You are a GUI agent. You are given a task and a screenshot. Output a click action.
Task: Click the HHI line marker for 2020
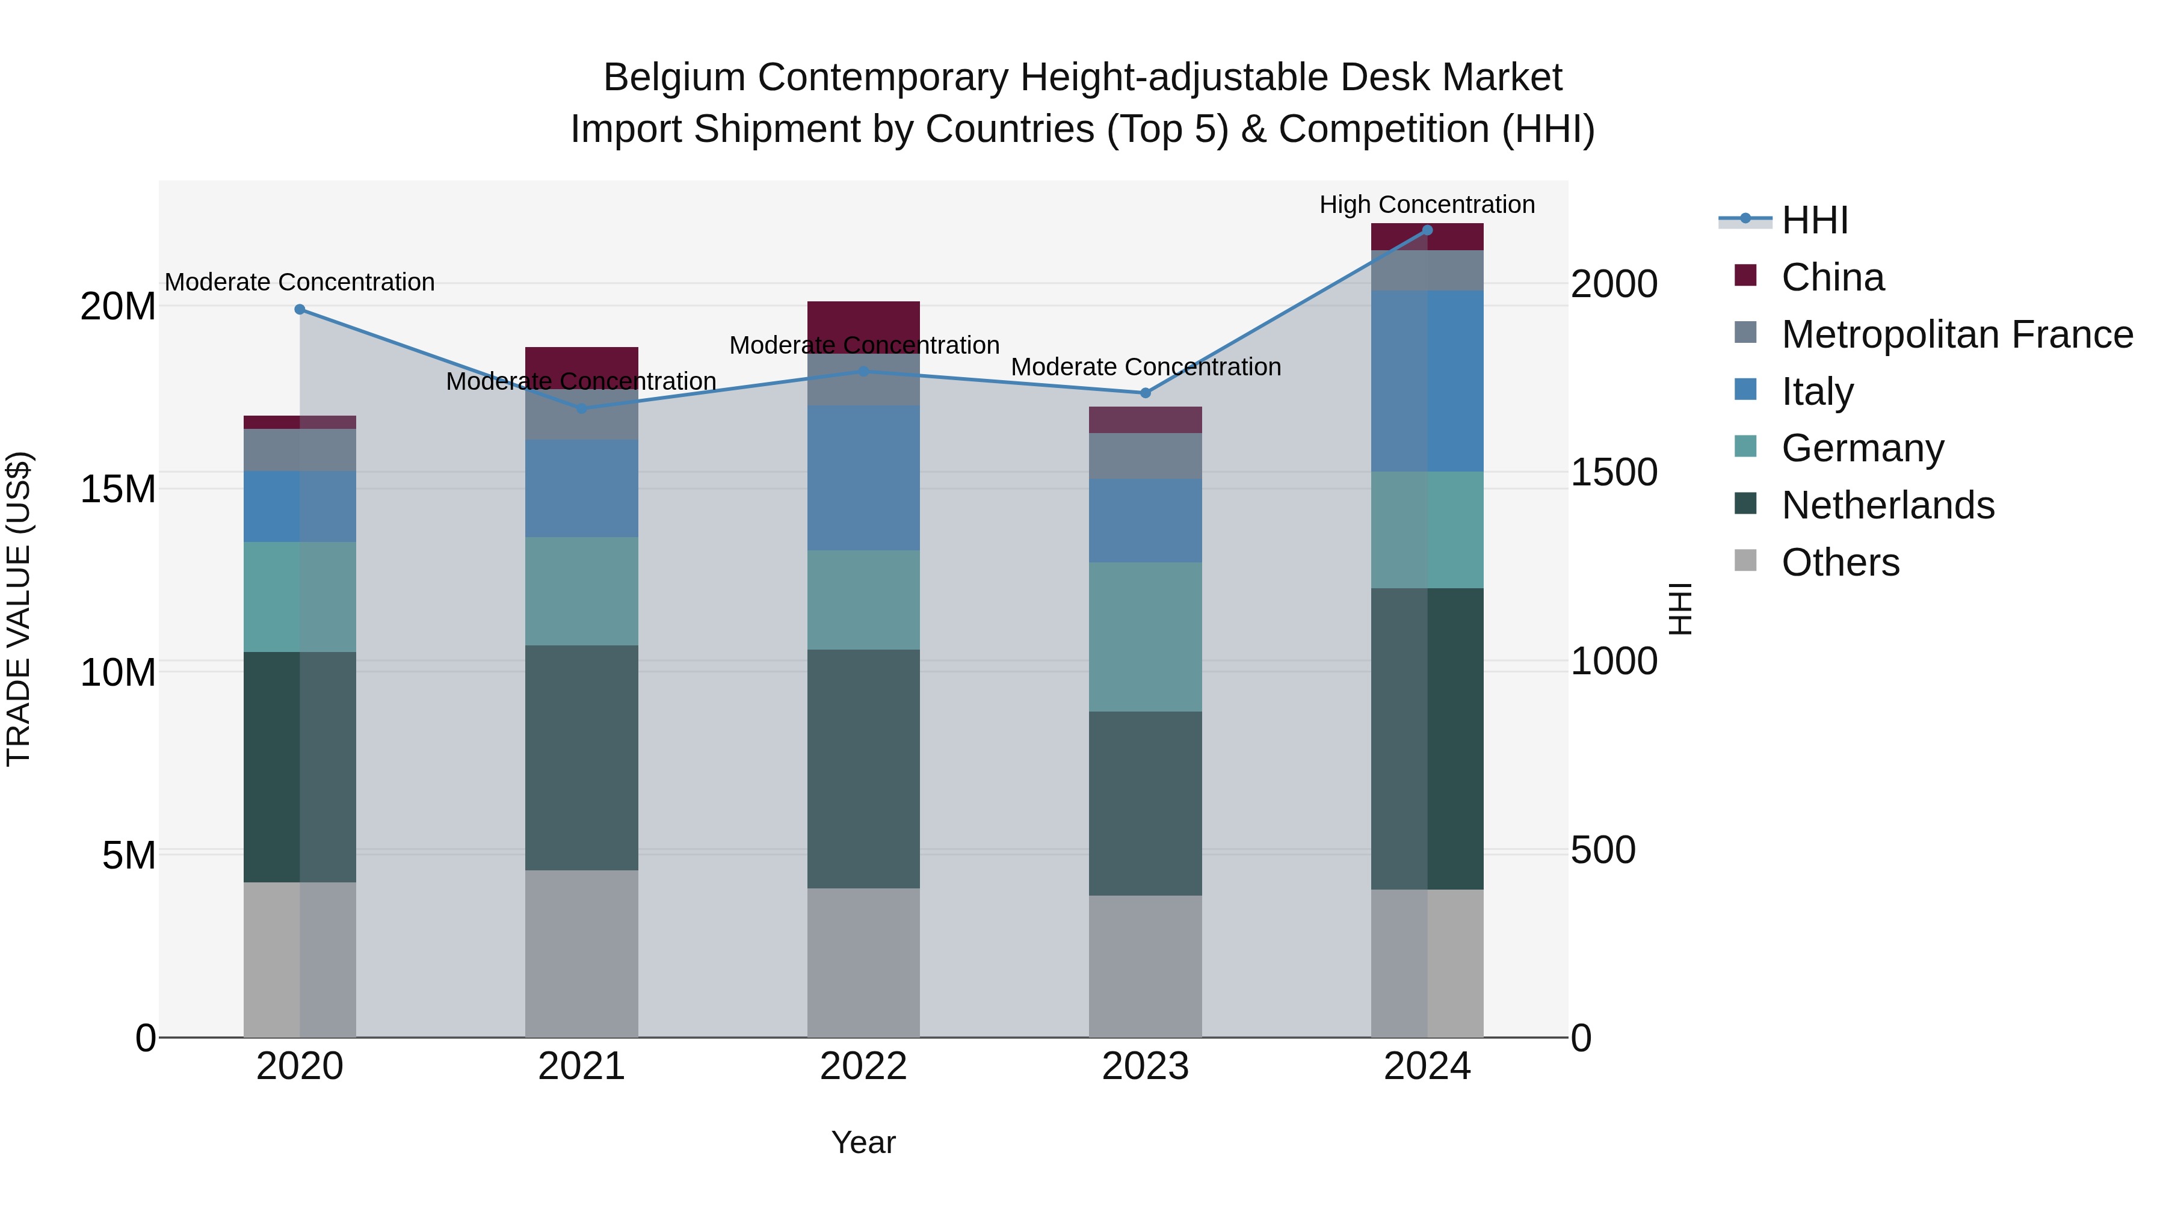coord(300,309)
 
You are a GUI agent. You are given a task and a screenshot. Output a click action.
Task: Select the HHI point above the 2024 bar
coord(1427,230)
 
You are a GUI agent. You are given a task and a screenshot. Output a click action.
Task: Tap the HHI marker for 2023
coord(1145,393)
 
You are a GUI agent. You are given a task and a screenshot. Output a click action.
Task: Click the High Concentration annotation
coord(1427,205)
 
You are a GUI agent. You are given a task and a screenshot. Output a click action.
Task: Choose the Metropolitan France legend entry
coord(1957,334)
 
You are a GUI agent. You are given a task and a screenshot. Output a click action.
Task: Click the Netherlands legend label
coord(1887,505)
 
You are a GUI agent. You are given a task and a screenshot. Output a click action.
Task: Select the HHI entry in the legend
coord(1815,220)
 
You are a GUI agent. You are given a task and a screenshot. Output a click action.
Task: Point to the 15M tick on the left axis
coord(118,488)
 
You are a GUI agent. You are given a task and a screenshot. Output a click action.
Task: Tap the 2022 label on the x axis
coord(863,1066)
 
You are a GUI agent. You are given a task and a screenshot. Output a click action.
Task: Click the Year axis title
coord(863,1142)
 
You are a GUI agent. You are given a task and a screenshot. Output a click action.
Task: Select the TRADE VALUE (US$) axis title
coord(19,609)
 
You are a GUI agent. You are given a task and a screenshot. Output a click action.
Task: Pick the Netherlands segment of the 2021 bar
coord(582,757)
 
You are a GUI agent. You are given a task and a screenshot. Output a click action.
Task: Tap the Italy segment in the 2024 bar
coord(1427,381)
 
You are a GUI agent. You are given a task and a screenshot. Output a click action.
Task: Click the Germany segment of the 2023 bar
coord(1145,636)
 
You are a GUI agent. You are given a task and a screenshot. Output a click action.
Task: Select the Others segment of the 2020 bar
coord(300,959)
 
